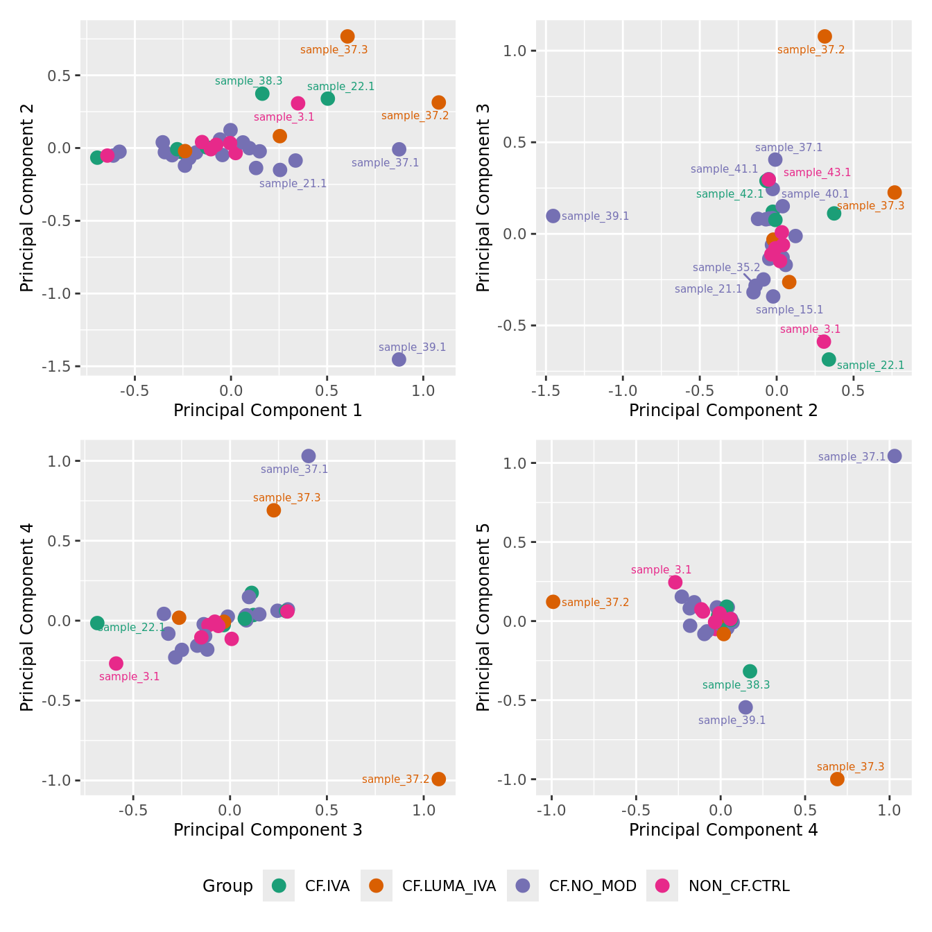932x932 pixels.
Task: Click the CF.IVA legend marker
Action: [x=279, y=886]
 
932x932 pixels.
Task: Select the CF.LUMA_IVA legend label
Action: [x=449, y=886]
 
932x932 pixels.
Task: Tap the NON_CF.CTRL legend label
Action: [x=739, y=886]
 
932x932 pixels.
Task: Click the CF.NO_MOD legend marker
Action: [x=523, y=886]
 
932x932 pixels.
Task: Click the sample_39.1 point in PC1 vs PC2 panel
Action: [x=399, y=359]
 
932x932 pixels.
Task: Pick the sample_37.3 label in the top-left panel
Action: [x=334, y=50]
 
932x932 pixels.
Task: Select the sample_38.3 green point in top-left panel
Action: [x=262, y=94]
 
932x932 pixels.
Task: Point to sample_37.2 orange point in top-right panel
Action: [x=825, y=36]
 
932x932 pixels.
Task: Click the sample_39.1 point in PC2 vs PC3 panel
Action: [x=553, y=216]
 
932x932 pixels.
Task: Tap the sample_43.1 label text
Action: [x=817, y=173]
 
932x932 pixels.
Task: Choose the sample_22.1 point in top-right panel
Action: [x=829, y=359]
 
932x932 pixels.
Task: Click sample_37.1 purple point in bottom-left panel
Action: [x=309, y=456]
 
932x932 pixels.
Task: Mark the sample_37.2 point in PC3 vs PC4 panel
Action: [x=438, y=779]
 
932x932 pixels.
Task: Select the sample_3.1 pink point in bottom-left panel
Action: [x=116, y=664]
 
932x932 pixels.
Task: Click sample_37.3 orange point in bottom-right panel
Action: [x=837, y=779]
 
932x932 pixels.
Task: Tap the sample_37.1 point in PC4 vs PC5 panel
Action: [x=895, y=456]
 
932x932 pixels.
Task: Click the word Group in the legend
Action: [x=227, y=886]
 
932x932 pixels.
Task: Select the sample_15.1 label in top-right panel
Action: [x=789, y=310]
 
